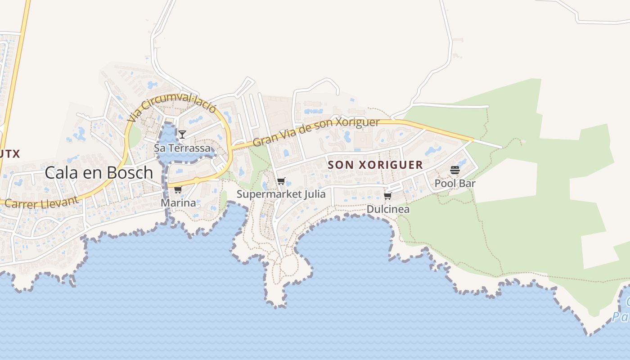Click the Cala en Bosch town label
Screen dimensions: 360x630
click(x=99, y=172)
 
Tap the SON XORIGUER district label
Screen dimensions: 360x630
click(x=375, y=165)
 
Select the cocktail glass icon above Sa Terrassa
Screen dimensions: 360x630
click(x=182, y=135)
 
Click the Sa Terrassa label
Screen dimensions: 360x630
click(x=182, y=148)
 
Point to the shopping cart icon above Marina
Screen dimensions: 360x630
click(x=178, y=190)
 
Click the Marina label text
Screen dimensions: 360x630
click(x=179, y=203)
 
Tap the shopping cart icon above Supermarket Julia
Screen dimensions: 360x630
click(x=281, y=181)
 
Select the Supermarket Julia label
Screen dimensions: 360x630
click(x=281, y=194)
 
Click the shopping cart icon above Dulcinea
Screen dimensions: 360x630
click(x=388, y=196)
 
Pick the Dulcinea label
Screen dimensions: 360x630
click(x=388, y=209)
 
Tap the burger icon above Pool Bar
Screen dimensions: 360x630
click(x=454, y=170)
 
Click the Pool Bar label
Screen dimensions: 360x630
click(x=454, y=184)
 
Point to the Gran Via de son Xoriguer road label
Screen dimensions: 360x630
click(x=316, y=133)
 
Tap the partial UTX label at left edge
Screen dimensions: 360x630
click(x=10, y=154)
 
